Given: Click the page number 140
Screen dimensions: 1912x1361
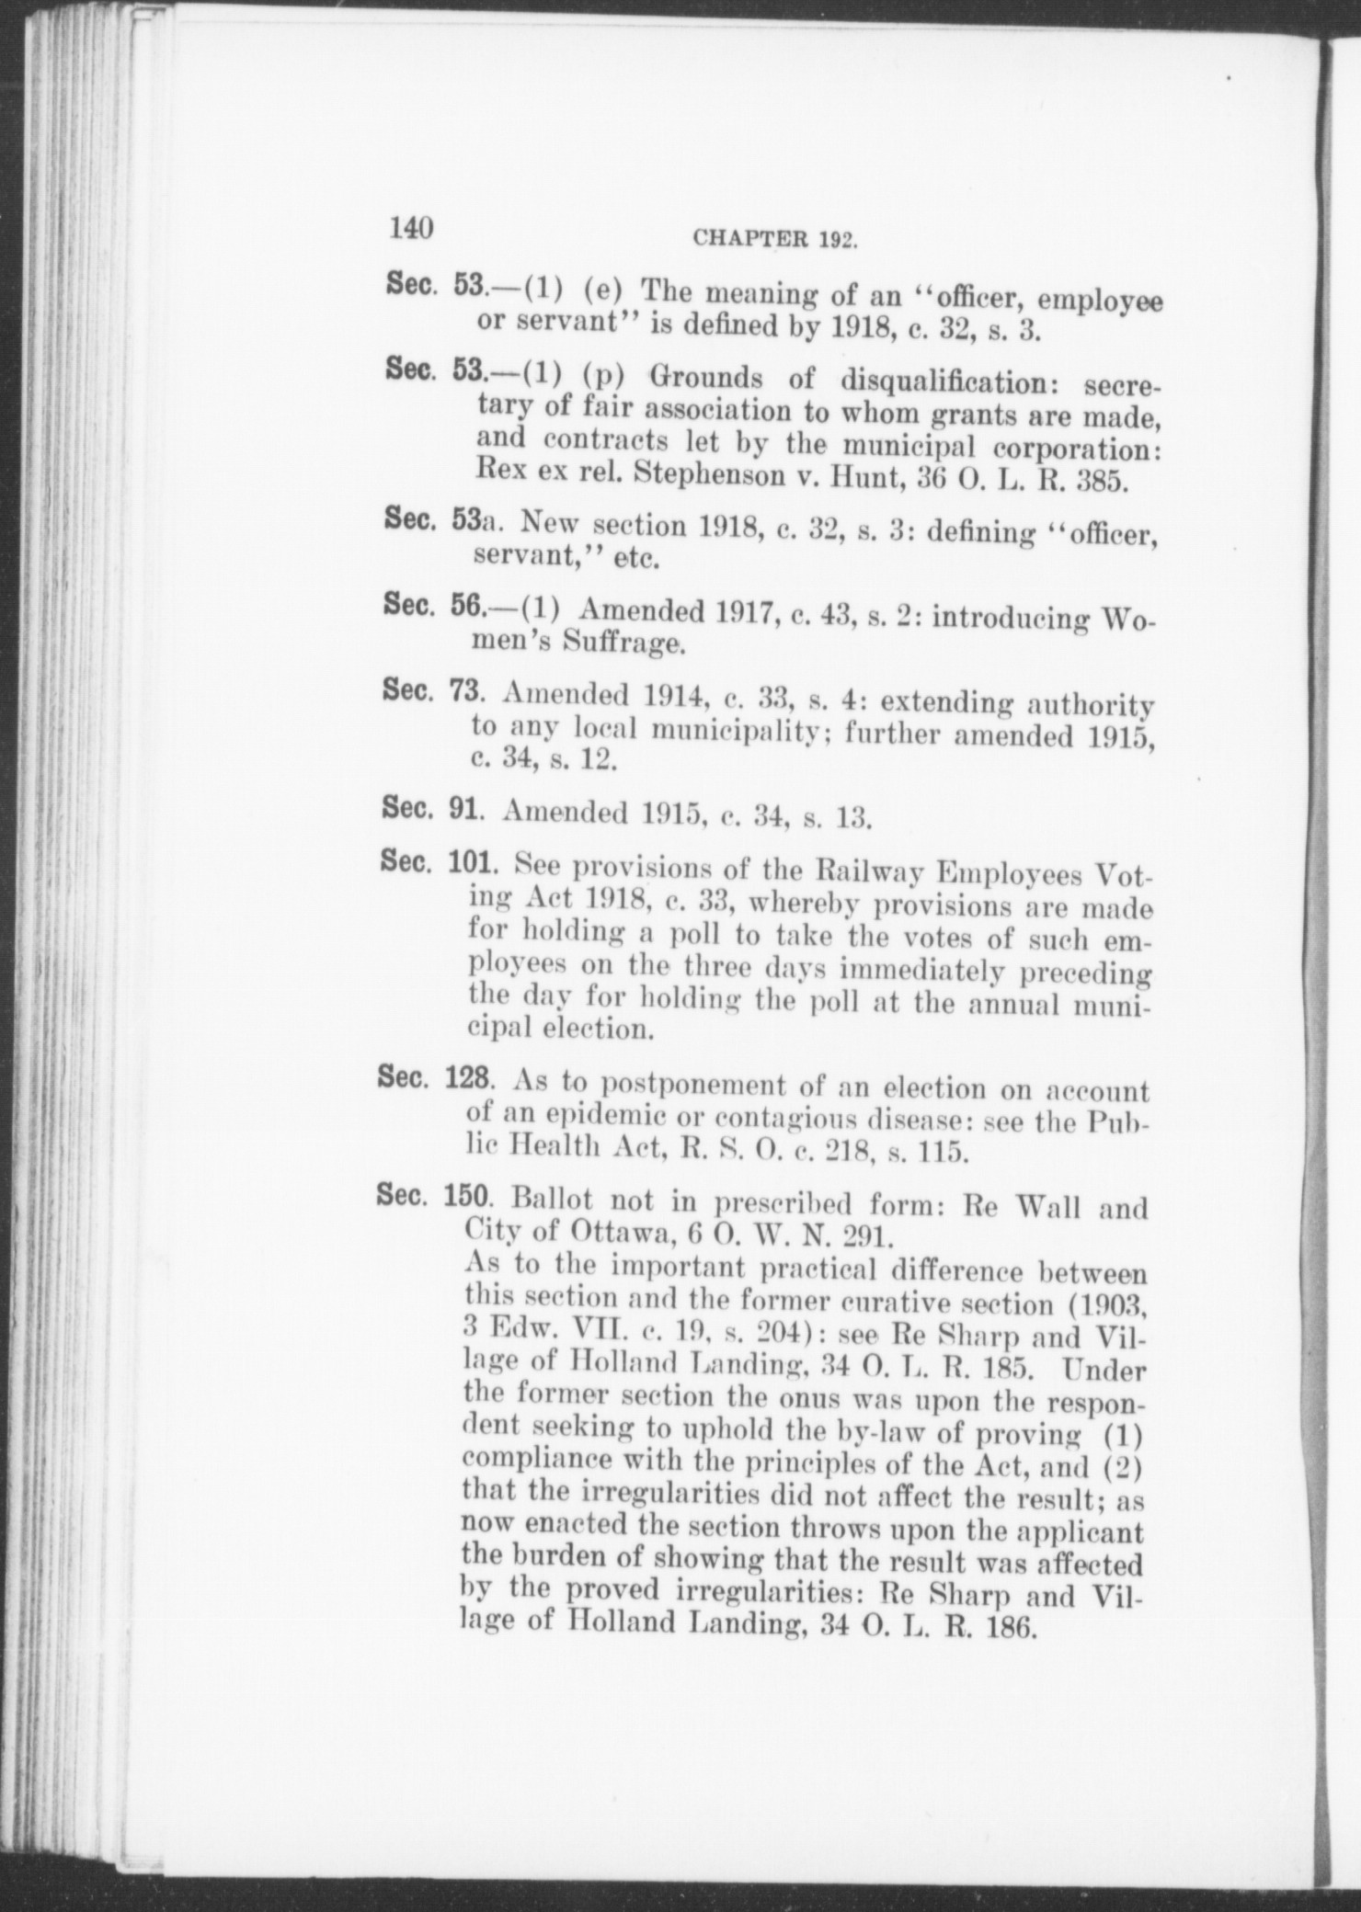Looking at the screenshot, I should click(411, 227).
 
